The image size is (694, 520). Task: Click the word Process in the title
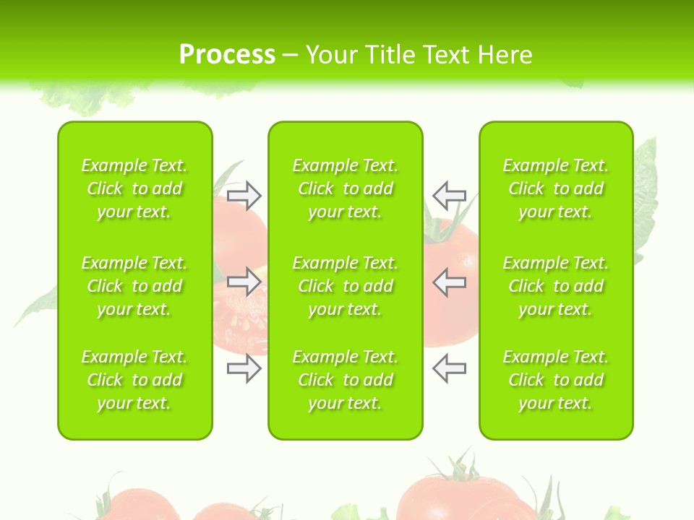227,55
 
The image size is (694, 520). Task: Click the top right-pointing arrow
244,195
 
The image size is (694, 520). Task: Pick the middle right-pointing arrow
244,281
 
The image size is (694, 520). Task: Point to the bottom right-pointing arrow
244,368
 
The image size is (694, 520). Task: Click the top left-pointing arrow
449,195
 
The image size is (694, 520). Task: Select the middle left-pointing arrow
449,281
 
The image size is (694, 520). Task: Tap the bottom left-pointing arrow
449,368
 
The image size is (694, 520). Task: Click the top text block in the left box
134,188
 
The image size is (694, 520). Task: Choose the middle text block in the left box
134,286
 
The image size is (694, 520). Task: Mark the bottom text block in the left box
134,380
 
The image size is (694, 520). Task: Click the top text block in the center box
345,188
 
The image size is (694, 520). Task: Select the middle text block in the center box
345,286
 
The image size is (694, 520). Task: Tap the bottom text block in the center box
345,380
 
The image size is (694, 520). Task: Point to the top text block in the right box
556,188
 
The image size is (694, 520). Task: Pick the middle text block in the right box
556,286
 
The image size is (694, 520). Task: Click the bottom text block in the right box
556,380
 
